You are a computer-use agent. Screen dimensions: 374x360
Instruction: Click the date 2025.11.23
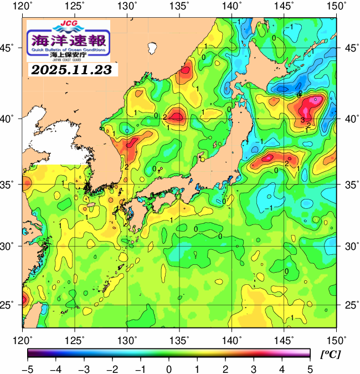point(71,70)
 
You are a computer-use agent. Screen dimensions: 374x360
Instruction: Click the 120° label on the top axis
point(23,6)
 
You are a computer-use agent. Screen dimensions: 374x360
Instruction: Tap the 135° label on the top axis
point(179,6)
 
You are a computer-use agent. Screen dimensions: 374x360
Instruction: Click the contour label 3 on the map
point(303,120)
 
